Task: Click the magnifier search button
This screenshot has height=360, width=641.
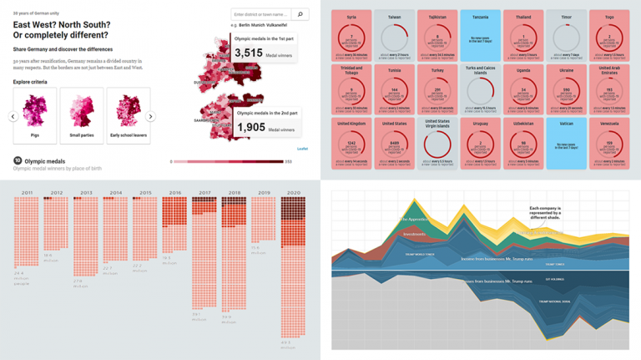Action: click(300, 14)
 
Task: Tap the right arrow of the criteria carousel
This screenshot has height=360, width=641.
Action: click(150, 117)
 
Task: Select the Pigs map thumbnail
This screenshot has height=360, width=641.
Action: click(35, 115)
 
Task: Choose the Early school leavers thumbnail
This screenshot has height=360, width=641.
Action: click(128, 115)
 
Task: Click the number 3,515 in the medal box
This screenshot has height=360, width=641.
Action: click(249, 53)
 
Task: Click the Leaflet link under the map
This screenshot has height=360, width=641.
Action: click(302, 149)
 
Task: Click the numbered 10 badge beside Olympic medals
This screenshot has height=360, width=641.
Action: click(18, 160)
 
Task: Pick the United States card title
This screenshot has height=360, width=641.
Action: click(394, 124)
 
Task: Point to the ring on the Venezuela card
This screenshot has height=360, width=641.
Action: click(608, 145)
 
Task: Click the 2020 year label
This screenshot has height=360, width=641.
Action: click(294, 193)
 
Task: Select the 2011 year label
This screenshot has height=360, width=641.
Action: click(28, 193)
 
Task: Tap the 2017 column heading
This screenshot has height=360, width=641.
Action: click(204, 193)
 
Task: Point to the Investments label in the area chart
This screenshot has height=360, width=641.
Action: click(415, 234)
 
